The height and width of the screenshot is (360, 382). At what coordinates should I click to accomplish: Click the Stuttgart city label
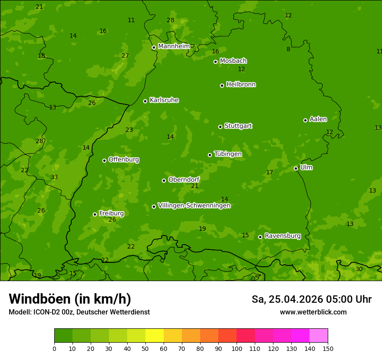tap(238, 126)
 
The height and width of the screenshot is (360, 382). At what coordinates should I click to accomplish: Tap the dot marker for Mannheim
tap(154, 48)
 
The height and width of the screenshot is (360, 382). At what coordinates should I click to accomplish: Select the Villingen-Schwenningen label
tap(194, 206)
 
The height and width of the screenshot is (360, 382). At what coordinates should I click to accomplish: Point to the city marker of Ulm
tap(296, 168)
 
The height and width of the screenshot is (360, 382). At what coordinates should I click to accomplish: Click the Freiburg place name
tap(111, 213)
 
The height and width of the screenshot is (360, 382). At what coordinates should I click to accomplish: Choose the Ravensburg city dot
tap(260, 237)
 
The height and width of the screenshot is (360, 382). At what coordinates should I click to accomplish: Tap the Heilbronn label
tap(241, 85)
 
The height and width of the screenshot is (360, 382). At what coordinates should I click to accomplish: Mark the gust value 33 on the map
tap(54, 177)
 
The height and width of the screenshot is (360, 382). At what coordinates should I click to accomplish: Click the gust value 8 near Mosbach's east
tap(288, 49)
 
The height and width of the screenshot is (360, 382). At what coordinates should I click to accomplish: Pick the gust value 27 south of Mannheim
tap(125, 56)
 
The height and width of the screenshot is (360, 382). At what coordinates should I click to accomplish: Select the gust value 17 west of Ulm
tap(270, 173)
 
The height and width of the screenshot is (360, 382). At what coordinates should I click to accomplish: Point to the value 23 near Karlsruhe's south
tap(129, 130)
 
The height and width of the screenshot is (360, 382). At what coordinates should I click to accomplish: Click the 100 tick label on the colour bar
tap(237, 348)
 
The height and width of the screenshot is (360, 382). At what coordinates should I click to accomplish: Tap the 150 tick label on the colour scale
tap(328, 348)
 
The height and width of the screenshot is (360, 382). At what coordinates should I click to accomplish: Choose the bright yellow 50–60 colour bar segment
tap(155, 335)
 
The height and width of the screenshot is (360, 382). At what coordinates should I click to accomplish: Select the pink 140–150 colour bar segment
tap(319, 335)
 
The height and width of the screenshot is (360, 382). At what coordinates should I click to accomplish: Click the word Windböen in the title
tap(40, 299)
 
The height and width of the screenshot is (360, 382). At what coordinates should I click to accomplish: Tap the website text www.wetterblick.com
tap(313, 312)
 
